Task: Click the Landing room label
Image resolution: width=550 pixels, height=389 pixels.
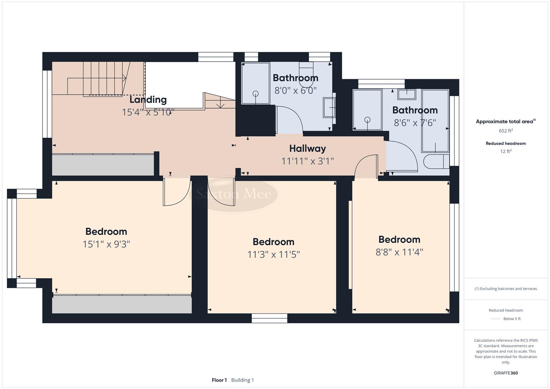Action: pos(148,100)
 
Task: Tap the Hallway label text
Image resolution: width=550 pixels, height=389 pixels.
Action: pos(308,148)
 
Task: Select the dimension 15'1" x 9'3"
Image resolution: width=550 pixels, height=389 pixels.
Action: pos(106,244)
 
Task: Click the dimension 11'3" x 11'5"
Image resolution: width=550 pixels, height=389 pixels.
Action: pos(273,255)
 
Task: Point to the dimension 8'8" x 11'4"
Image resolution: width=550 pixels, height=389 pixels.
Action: pos(399,252)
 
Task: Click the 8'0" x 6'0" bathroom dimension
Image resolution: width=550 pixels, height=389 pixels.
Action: pos(295,90)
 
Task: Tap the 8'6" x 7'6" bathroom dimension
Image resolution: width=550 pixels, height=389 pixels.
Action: pos(415,123)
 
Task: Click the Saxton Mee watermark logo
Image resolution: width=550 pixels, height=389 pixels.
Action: pos(233,194)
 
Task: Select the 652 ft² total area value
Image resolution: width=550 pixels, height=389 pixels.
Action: pos(506,131)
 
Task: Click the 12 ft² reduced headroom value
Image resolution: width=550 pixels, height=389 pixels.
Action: pos(506,151)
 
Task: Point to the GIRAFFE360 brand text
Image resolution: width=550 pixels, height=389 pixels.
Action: pos(506,373)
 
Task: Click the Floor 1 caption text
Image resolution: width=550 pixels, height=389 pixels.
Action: pos(219,380)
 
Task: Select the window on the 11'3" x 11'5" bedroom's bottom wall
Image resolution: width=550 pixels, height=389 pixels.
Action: pos(269,318)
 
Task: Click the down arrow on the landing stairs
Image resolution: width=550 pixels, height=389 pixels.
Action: pos(220,105)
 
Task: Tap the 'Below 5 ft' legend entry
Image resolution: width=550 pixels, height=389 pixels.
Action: pos(511,319)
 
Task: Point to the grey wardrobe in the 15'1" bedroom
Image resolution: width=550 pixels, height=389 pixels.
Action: pos(122,305)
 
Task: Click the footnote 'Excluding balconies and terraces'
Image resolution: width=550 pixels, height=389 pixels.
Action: pos(506,289)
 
